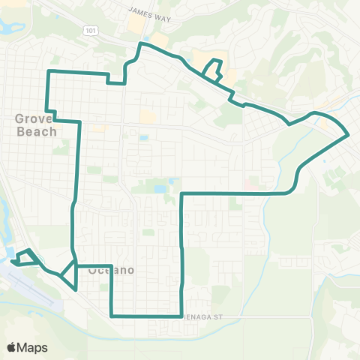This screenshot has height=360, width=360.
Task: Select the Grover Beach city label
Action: [x=34, y=124]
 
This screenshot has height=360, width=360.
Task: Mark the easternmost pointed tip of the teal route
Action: [x=349, y=136]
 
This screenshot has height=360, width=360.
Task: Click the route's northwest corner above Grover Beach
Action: [x=49, y=71]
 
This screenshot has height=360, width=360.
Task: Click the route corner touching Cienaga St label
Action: [x=183, y=316]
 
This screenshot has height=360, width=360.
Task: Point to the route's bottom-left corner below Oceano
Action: [x=111, y=316]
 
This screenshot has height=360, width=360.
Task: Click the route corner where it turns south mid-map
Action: [x=183, y=194]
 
